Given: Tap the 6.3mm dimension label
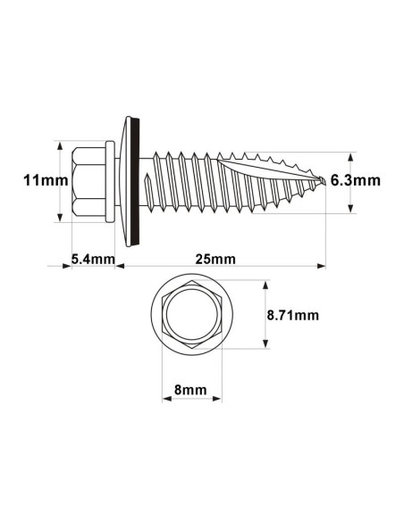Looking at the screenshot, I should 355,179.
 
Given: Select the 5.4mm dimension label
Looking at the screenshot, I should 93,260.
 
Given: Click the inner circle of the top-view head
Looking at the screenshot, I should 190,317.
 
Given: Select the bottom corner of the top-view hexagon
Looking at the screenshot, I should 190,349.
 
